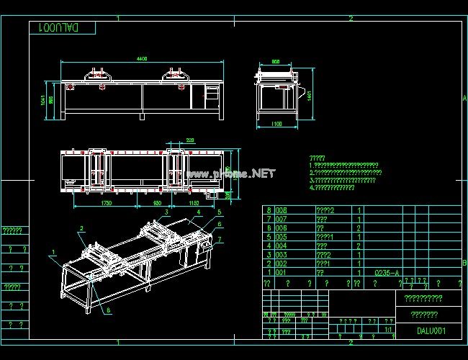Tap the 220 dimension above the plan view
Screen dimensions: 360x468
(x=190, y=140)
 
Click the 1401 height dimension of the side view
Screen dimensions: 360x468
(x=309, y=94)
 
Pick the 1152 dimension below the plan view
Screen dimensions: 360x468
(x=194, y=204)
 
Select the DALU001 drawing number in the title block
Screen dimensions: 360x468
(x=431, y=331)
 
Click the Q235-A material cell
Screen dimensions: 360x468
(x=387, y=274)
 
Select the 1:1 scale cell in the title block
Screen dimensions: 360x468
(x=388, y=329)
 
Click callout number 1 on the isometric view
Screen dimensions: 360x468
(x=53, y=252)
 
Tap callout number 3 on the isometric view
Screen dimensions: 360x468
(x=166, y=213)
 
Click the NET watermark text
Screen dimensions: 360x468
(x=263, y=173)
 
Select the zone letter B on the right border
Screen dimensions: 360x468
(x=464, y=264)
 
